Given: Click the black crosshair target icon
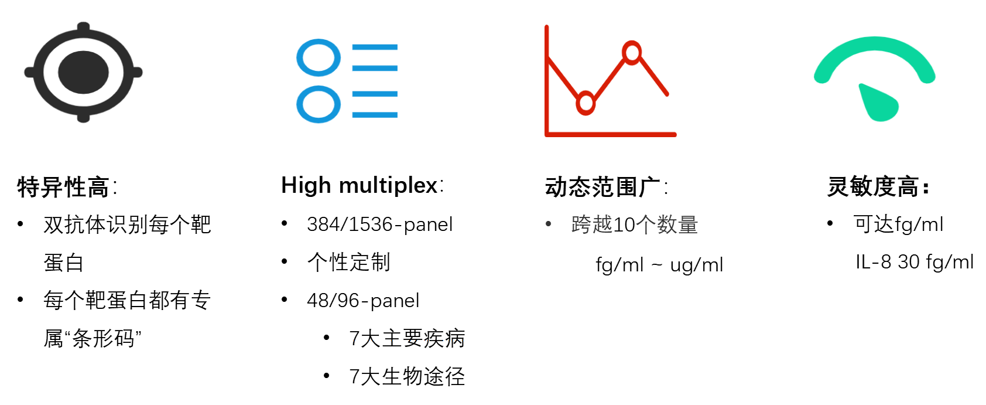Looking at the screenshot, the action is click(x=83, y=72).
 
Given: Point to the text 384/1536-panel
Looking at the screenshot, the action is click(x=380, y=224).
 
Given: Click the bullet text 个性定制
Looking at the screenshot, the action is click(x=348, y=262).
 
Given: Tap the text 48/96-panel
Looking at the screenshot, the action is click(x=363, y=301).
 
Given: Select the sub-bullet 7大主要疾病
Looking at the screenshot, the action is click(x=407, y=338).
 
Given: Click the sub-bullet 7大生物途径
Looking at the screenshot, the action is click(x=407, y=377).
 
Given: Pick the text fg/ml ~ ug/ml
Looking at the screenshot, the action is click(x=659, y=265).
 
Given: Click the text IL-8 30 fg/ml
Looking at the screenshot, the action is click(x=914, y=262).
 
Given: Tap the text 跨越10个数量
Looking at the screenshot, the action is click(x=634, y=224).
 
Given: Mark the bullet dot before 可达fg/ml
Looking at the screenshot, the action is click(x=830, y=223).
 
